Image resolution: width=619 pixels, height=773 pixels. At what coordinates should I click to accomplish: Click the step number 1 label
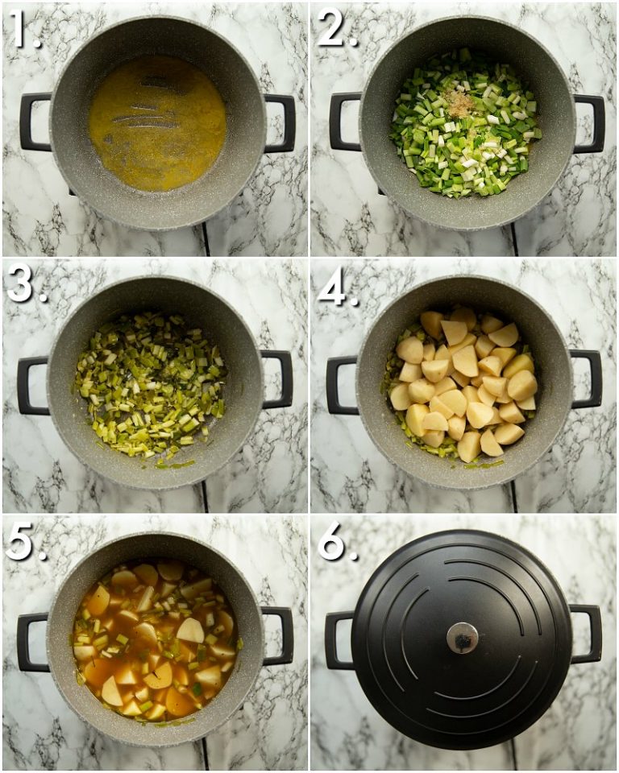(24, 30)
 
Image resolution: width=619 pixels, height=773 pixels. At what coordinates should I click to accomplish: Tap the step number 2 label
(336, 30)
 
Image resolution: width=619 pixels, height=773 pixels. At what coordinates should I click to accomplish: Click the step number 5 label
(24, 545)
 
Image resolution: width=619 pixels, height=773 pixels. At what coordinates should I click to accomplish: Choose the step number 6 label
(336, 545)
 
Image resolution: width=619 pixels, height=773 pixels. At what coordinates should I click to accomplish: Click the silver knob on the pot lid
(462, 638)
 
